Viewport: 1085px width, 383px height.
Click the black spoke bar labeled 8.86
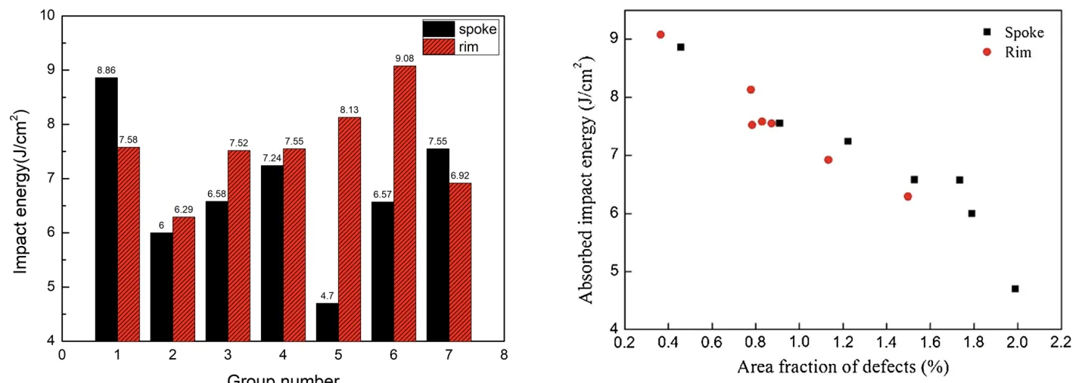[107, 209]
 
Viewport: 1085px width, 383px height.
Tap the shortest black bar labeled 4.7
[328, 322]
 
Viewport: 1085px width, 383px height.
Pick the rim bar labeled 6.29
[184, 279]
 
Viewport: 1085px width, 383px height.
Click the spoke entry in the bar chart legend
[460, 29]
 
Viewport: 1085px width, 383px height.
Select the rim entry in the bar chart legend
[460, 47]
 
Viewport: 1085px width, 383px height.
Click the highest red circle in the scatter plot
[661, 34]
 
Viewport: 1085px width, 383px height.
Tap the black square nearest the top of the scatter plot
[680, 47]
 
